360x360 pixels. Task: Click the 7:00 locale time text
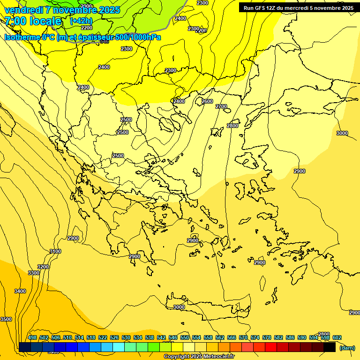[x=33, y=21]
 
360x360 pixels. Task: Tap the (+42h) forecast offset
[x=81, y=21]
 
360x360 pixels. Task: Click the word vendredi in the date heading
[x=23, y=10]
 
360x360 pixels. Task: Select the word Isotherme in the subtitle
[x=22, y=37]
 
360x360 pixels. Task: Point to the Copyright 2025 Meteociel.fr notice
[x=199, y=357]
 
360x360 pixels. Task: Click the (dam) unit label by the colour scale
[x=347, y=347]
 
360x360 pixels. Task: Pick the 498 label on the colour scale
[x=32, y=337]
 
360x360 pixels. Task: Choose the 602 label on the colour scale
[x=337, y=337]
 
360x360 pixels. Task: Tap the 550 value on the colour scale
[x=185, y=337]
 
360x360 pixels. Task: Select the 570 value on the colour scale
[x=243, y=337]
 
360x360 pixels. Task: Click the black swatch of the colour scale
[x=329, y=347]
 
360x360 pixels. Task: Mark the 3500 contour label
[x=6, y=319]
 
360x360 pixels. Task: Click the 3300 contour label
[x=34, y=273]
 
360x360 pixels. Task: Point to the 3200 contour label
[x=43, y=267]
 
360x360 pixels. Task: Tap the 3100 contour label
[x=55, y=252]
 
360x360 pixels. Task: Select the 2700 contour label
[x=221, y=107]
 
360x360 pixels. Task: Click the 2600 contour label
[x=207, y=102]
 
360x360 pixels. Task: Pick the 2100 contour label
[x=86, y=6]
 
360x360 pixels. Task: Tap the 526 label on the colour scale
[x=114, y=337]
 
